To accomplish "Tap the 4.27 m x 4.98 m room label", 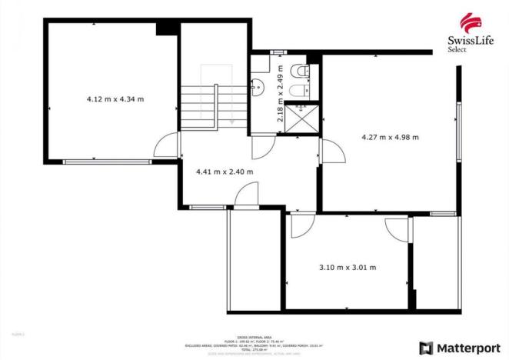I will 390,138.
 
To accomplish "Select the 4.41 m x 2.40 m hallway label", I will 225,172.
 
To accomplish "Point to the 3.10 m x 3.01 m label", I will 348,268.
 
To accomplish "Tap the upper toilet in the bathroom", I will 305,72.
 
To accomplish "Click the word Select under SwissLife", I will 457,50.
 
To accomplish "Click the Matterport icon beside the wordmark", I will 425,347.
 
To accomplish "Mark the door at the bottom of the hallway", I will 247,198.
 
